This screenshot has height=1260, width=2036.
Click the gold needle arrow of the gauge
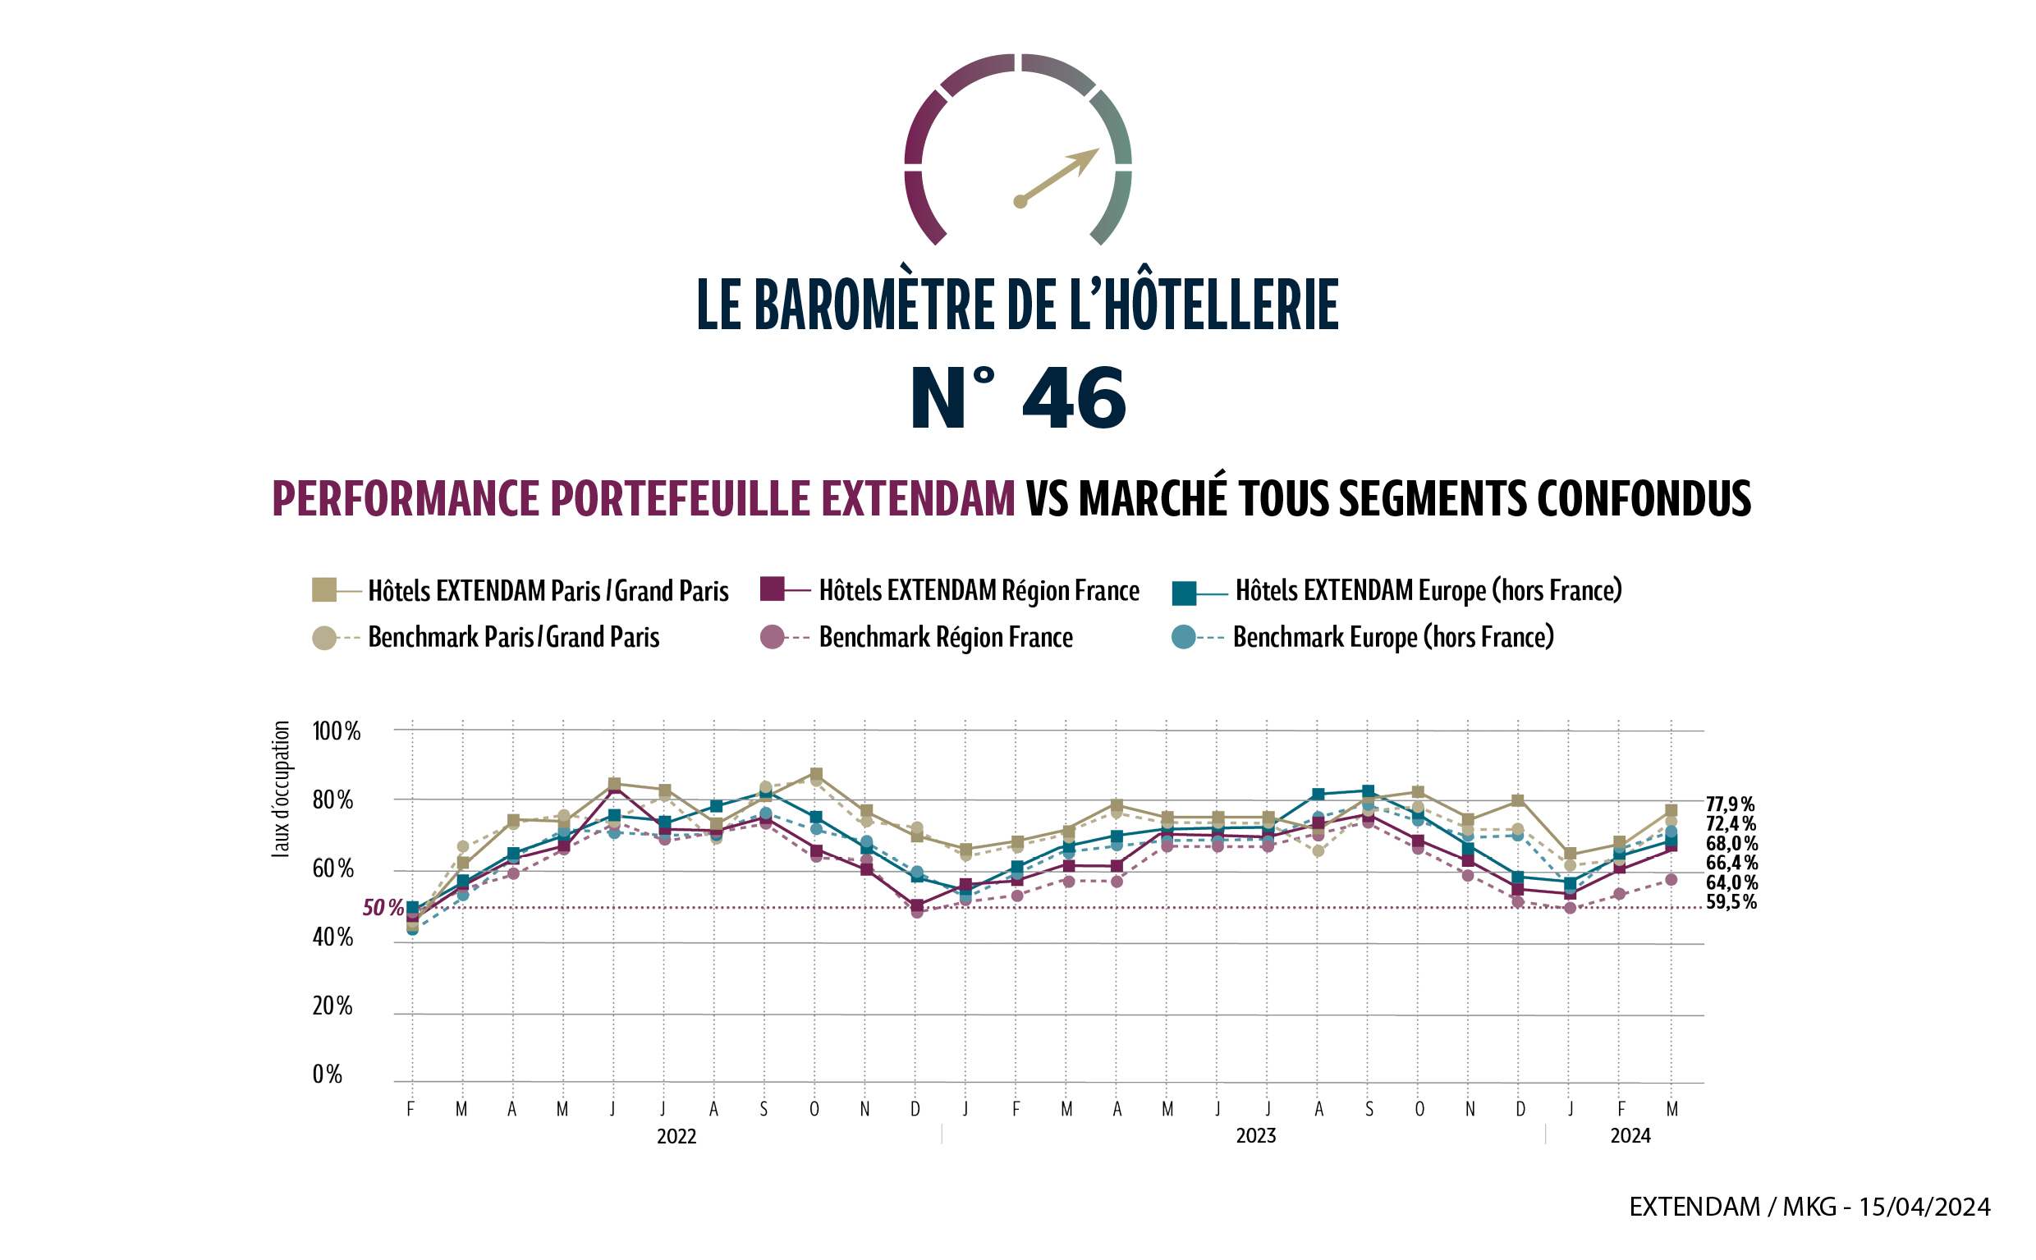pos(1058,176)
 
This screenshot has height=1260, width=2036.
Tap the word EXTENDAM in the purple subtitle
pos(918,499)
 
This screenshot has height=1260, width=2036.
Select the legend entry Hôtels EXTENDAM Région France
pos(979,591)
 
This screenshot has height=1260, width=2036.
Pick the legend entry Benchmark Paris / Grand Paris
pos(512,638)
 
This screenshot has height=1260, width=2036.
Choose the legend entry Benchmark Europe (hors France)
pos(1392,638)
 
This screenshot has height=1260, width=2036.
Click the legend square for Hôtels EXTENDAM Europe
pos(1184,593)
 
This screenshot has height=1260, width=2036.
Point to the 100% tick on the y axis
pos(336,731)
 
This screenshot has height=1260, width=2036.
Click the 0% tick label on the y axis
pos(327,1075)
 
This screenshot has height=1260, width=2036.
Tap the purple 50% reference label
pos(383,909)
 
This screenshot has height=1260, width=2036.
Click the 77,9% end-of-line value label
pos(1730,804)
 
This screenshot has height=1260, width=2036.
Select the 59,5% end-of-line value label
pos(1731,902)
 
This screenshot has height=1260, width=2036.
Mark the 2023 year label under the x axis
pos(1255,1137)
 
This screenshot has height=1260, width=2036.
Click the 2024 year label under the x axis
pos(1630,1137)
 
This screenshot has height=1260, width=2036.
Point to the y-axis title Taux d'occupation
pos(281,789)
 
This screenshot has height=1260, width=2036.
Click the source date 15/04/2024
pos(1924,1207)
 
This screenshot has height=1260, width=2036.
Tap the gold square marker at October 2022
pos(816,775)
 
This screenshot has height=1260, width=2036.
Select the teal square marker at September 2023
pos(1369,791)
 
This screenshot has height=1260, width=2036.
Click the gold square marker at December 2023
pos(1518,801)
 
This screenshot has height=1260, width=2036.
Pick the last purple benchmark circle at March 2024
pos(1671,880)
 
